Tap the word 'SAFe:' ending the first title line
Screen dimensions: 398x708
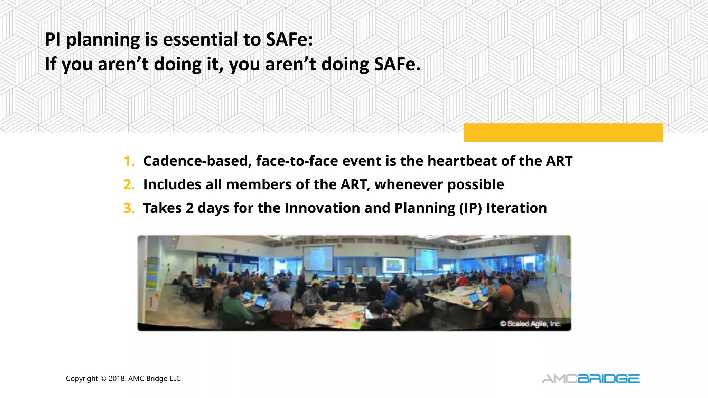tap(289, 39)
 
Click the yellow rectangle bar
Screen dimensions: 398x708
tap(563, 132)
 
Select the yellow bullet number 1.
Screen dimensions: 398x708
tap(129, 161)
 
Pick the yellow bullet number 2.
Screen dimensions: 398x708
tap(129, 185)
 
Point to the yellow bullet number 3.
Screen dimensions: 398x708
tap(129, 208)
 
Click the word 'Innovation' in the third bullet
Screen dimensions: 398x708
tap(322, 208)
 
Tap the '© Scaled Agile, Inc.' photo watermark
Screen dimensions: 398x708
tap(530, 324)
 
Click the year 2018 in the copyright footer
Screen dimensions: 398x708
tap(117, 379)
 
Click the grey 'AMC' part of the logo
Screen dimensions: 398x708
tap(559, 379)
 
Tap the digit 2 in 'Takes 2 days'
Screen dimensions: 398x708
tap(189, 208)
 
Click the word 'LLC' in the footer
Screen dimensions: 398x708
tap(175, 379)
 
